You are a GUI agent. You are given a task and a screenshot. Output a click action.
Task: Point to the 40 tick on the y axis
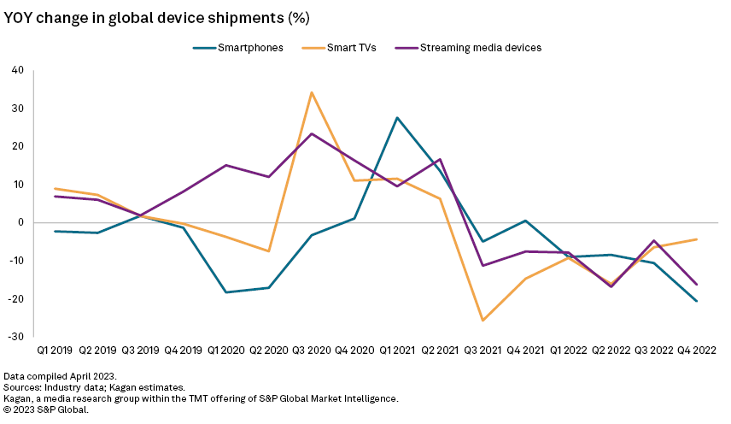point(17,70)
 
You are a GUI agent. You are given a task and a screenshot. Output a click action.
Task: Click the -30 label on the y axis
point(15,337)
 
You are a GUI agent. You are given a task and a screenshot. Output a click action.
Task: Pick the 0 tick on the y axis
point(20,222)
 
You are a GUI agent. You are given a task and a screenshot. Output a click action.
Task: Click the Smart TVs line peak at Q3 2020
point(312,92)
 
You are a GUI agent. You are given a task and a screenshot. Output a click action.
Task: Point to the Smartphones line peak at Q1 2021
point(397,118)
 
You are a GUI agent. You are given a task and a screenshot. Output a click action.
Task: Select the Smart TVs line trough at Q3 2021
point(483,321)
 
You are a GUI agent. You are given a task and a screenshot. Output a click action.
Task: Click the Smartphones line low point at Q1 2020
point(226,292)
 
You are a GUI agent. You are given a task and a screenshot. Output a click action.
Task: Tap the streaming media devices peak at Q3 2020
point(312,133)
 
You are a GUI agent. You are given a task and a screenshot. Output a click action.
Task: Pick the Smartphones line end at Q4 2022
point(697,301)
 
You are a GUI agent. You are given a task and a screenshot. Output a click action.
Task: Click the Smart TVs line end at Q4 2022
point(697,239)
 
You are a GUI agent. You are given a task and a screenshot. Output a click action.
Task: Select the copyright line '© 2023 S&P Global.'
point(46,409)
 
